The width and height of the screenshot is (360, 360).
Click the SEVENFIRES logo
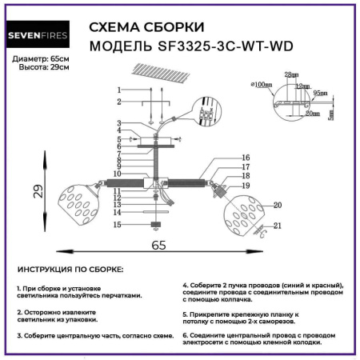click(x=42, y=34)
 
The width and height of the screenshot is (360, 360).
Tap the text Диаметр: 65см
click(x=41, y=60)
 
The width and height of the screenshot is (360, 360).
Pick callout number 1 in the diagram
click(x=118, y=89)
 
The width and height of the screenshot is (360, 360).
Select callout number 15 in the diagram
click(x=117, y=226)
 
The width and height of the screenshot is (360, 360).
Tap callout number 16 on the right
click(x=246, y=158)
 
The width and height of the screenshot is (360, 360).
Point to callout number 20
click(x=278, y=206)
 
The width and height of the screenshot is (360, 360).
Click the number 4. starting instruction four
click(x=186, y=285)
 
